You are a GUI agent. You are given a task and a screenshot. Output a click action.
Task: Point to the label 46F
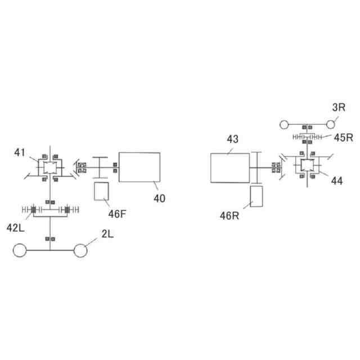(x=118, y=214)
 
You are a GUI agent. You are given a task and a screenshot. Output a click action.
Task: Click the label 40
(x=160, y=198)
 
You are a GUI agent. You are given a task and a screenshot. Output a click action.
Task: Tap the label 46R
(x=229, y=215)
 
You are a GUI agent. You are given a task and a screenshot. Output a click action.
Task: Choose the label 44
(x=337, y=181)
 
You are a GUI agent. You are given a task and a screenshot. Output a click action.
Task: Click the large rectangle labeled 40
(x=139, y=167)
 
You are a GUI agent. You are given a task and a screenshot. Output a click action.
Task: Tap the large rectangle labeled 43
(x=230, y=168)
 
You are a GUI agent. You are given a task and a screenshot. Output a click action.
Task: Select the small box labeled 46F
(x=102, y=192)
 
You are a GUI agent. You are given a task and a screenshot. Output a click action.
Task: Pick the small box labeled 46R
(x=256, y=196)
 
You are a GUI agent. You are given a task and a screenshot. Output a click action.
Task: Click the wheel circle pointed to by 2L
(x=80, y=250)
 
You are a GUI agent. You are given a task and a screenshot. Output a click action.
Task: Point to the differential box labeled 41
(x=48, y=167)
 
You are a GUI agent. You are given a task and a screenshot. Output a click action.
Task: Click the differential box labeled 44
(x=308, y=165)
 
